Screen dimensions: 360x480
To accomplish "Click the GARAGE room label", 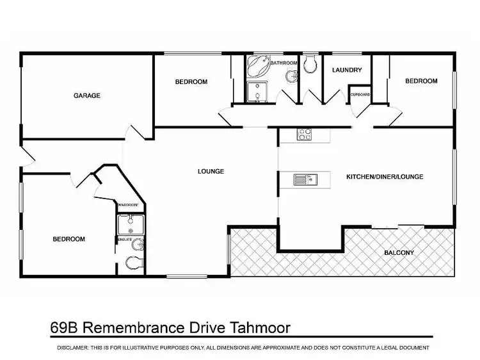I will tap(87, 95).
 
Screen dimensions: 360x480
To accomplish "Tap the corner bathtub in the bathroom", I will tap(259, 67).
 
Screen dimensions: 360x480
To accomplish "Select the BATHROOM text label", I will tap(284, 63).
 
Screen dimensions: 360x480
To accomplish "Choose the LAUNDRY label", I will tap(348, 70).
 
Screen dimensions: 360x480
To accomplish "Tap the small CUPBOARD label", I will tap(360, 95).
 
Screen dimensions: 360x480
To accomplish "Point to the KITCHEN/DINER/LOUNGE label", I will tap(385, 176).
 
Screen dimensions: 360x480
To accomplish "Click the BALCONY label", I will tap(399, 252).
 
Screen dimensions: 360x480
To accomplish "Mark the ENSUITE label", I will tap(124, 239).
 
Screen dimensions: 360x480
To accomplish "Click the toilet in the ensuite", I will tap(133, 262).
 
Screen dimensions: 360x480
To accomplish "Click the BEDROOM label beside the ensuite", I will tap(68, 239).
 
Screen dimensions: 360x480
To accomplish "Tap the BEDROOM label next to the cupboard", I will tap(421, 81).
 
